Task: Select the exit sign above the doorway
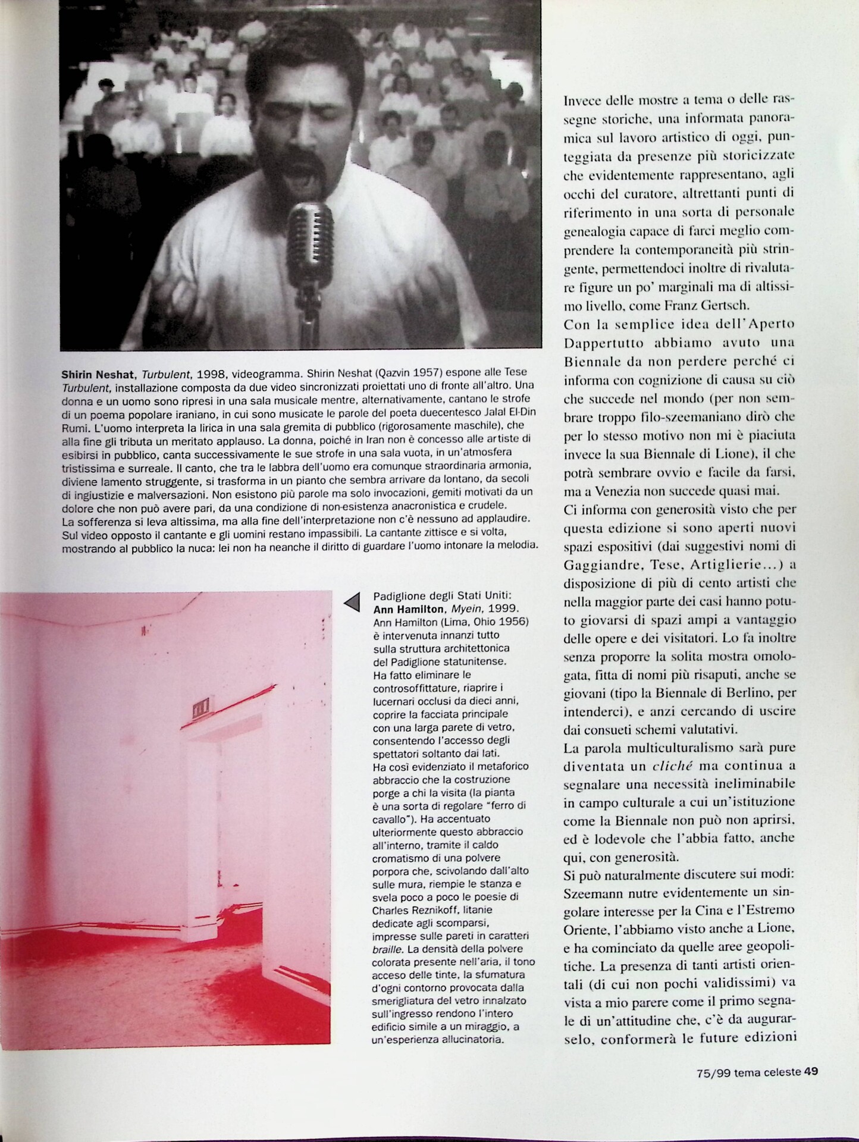[x=200, y=709]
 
